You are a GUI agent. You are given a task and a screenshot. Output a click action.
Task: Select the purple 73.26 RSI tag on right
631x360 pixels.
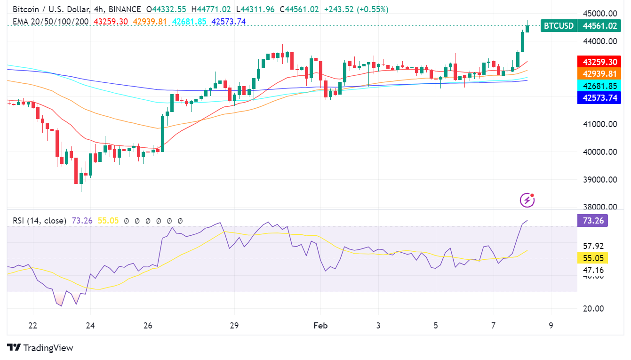click(592, 220)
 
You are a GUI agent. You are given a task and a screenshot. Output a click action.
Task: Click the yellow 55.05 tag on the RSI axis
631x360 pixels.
click(592, 258)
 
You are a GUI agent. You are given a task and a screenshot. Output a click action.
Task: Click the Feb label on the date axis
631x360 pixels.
click(320, 326)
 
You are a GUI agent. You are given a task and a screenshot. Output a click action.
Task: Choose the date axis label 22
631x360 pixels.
click(33, 326)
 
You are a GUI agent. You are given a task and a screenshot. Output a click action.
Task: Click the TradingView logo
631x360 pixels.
click(40, 348)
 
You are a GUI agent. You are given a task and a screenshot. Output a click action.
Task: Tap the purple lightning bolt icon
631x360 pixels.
click(527, 200)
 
